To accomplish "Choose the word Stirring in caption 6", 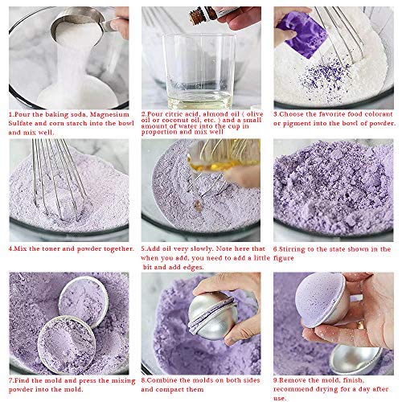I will [x=301, y=248].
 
